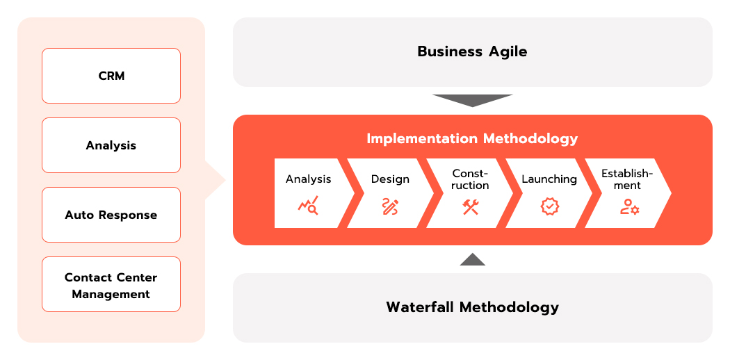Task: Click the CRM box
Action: tap(111, 76)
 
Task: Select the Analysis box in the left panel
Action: tap(111, 145)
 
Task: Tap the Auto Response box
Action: tap(111, 215)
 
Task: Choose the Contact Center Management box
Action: tap(111, 284)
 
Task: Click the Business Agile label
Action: tap(472, 51)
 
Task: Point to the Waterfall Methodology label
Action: tap(472, 307)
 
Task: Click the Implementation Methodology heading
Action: tap(472, 138)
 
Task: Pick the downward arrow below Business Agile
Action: tap(473, 101)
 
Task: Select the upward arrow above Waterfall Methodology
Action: tap(473, 259)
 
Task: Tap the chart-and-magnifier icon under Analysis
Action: tap(308, 205)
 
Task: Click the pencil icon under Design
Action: tap(389, 206)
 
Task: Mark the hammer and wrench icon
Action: tap(470, 206)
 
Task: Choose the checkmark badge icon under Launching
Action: tap(549, 206)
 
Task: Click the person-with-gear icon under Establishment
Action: tap(629, 206)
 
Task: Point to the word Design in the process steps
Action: tap(390, 179)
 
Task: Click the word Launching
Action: tap(549, 179)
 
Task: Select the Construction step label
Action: tap(470, 179)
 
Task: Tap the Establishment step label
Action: tap(627, 179)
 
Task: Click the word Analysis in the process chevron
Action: tap(308, 179)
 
